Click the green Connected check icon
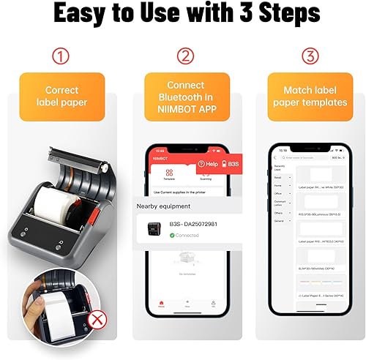tap(172, 235)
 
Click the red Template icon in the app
tap(169, 173)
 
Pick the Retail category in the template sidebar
tap(278, 176)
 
